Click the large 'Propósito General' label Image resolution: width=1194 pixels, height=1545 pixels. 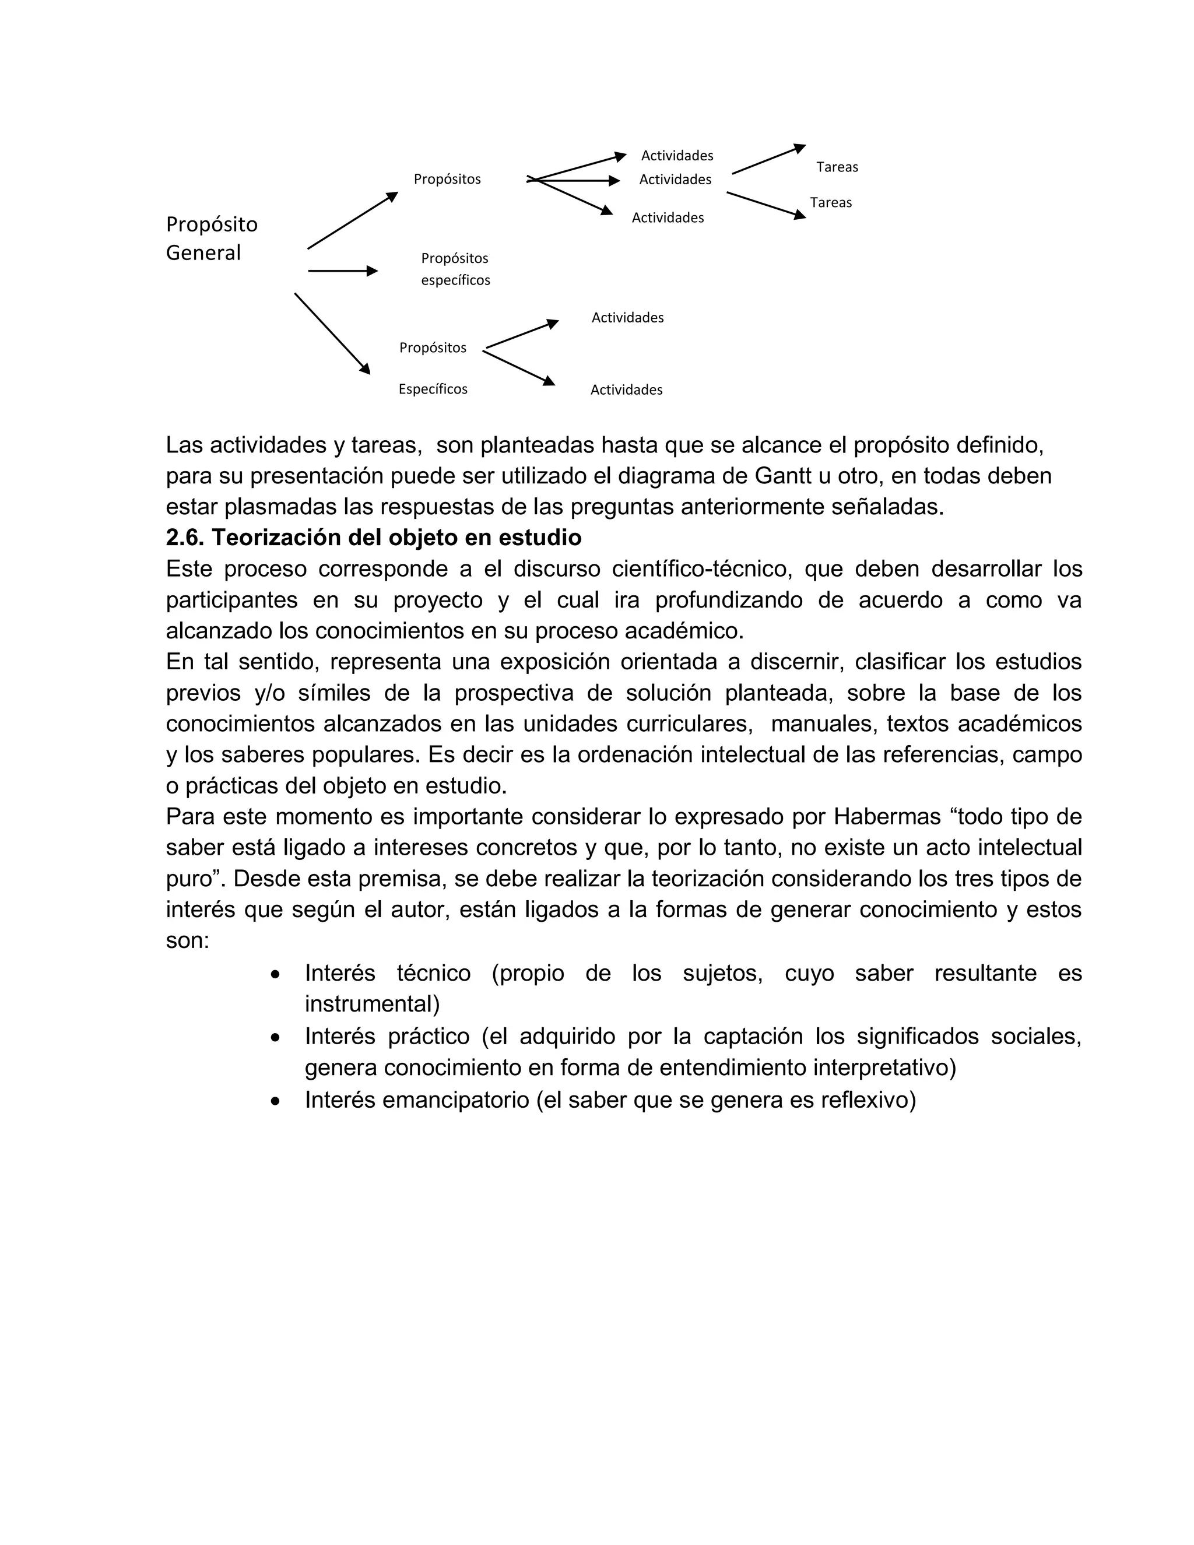211,238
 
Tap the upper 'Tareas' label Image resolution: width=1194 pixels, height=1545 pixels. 837,167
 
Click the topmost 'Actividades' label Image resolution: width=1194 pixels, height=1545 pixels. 677,156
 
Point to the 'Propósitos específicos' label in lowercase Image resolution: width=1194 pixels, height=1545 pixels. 455,269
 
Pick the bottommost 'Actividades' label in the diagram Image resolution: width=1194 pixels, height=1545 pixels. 626,390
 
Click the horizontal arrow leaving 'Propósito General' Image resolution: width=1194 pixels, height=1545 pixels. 342,271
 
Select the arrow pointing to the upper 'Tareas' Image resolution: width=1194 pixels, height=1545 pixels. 768,159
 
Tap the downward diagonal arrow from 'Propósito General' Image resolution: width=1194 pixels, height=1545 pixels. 332,333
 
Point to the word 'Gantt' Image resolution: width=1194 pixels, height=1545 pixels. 783,476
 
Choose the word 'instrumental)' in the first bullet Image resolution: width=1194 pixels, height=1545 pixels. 372,1004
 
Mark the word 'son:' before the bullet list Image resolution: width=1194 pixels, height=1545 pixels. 188,941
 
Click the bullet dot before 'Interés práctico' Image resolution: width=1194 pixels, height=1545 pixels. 276,1038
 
